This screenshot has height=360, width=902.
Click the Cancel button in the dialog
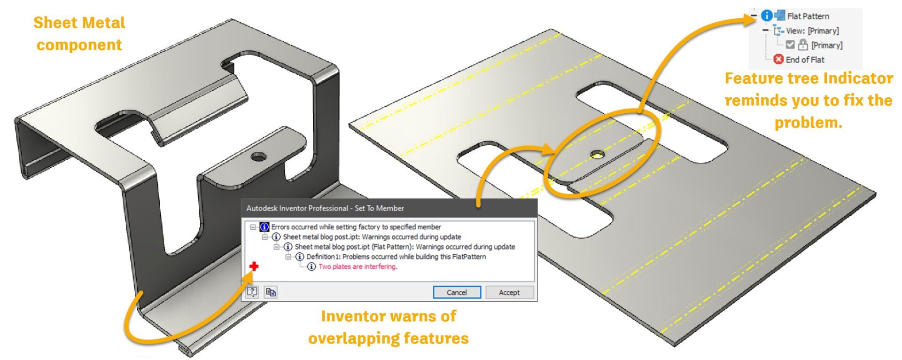tap(457, 292)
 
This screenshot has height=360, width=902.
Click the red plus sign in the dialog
tap(254, 266)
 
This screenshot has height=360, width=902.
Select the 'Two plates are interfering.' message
tap(358, 266)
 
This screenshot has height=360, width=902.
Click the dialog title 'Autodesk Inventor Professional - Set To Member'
tap(325, 208)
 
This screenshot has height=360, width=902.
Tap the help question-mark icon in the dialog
tap(252, 292)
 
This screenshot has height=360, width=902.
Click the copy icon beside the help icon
tap(271, 292)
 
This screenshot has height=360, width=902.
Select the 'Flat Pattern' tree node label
tap(808, 16)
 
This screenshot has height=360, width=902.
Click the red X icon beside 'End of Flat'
tap(778, 59)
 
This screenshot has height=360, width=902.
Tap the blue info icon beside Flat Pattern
tap(766, 16)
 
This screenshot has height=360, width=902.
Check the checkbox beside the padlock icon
tap(790, 45)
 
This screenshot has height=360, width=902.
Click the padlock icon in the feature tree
tap(803, 45)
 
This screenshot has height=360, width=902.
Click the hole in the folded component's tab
tap(258, 157)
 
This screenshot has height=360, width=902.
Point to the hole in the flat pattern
tap(597, 154)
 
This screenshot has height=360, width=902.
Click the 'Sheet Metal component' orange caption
tap(79, 33)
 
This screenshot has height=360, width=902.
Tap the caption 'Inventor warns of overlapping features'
tap(389, 327)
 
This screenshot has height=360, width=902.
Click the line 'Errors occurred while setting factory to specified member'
tap(356, 227)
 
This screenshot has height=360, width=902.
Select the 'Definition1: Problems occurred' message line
tap(396, 257)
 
